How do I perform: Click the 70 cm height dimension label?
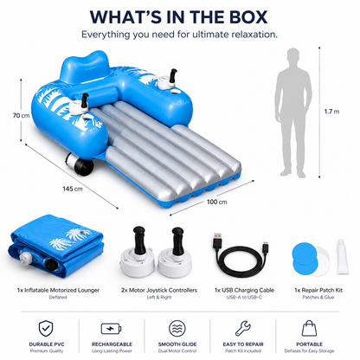pos(21,116)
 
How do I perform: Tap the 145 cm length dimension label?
pos(73,189)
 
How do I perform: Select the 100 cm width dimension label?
pos(216,202)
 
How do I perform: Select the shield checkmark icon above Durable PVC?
pos(46,328)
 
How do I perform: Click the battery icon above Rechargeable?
pos(112,329)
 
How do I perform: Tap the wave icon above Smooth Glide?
pos(177,329)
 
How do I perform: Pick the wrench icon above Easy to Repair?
pos(243,328)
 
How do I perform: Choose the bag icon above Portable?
pos(309,328)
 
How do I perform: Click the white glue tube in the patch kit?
pos(343,257)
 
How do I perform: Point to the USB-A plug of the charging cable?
pos(217,240)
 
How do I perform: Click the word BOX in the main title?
pos(246,17)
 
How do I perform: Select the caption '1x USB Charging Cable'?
pos(244,290)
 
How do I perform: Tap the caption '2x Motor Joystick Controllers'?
pos(159,290)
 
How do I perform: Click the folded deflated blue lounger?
pos(56,247)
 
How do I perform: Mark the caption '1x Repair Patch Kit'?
pos(318,290)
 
